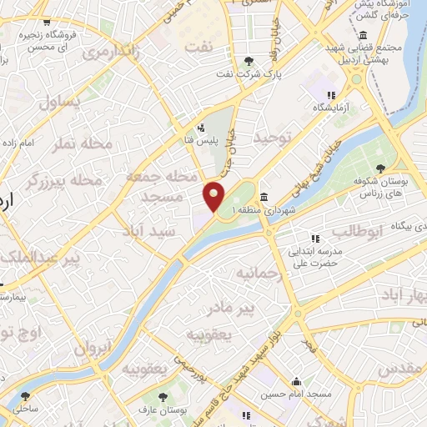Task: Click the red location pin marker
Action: [214, 196]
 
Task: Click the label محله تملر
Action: [83, 143]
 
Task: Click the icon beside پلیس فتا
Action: [200, 128]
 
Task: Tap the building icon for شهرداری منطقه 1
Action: [264, 197]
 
